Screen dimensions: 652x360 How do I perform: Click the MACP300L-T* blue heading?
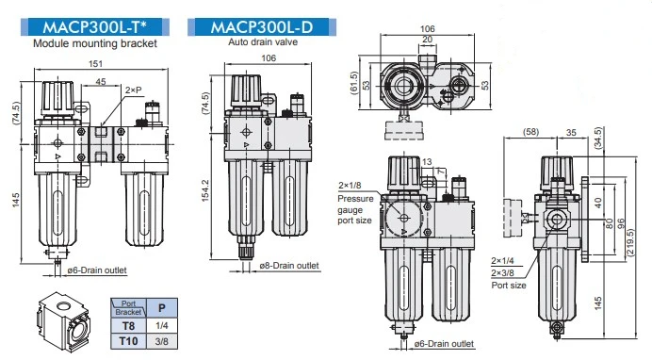tap(95, 27)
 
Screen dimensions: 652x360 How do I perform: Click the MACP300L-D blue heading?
tap(262, 27)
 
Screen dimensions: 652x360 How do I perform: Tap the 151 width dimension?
tap(95, 63)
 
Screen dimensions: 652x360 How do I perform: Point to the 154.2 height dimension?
tap(205, 191)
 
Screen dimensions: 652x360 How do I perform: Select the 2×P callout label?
tap(134, 90)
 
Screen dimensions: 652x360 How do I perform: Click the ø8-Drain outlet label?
tap(289, 265)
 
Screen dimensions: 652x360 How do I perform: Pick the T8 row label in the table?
tap(128, 325)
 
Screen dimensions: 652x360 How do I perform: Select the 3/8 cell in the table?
tap(162, 341)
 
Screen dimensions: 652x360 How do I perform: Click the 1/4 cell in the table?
tap(162, 325)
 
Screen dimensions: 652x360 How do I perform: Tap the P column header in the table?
tap(162, 308)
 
